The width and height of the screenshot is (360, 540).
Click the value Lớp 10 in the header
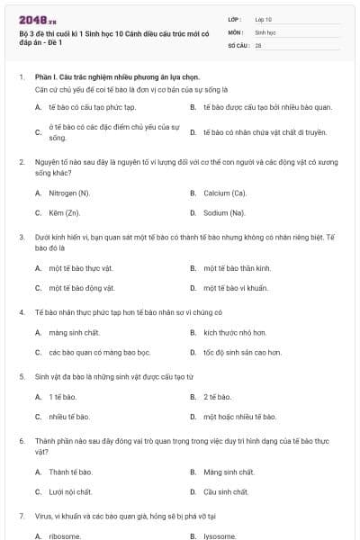(264, 18)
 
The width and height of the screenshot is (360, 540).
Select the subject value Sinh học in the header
(265, 31)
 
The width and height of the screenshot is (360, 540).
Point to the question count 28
(258, 44)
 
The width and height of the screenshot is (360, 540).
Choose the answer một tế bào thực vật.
(81, 268)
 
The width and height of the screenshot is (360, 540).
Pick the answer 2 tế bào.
(218, 397)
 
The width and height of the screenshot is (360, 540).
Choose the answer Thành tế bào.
(71, 472)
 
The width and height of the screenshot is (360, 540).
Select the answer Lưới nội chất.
(71, 492)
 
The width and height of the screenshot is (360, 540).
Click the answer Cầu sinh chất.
(226, 492)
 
